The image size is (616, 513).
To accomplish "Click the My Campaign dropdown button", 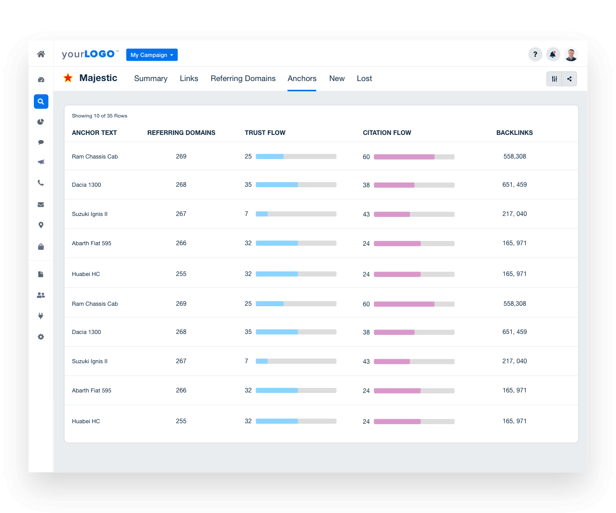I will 151,55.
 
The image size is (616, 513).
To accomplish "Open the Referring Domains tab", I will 243,78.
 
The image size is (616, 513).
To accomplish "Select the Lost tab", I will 364,78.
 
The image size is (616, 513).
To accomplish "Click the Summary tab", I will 150,78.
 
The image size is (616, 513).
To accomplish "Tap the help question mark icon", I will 535,54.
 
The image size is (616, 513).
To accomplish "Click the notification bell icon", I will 552,54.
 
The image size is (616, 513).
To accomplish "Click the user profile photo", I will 571,54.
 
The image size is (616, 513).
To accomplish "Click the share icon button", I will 569,78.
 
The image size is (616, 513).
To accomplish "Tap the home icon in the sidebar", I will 41,54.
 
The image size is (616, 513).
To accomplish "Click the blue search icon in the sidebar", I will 41,102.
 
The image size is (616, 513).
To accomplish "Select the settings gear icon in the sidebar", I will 41,337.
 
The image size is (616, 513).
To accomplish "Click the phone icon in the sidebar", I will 41,183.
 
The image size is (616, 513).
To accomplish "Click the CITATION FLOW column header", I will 387,133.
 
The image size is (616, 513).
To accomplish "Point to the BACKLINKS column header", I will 514,133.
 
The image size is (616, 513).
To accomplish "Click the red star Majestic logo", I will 68,78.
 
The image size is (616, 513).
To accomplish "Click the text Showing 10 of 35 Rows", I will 100,116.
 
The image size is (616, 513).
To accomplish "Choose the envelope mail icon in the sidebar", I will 41,204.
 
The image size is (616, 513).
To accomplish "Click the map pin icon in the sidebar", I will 41,225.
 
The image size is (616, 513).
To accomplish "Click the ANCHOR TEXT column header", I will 94,133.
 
